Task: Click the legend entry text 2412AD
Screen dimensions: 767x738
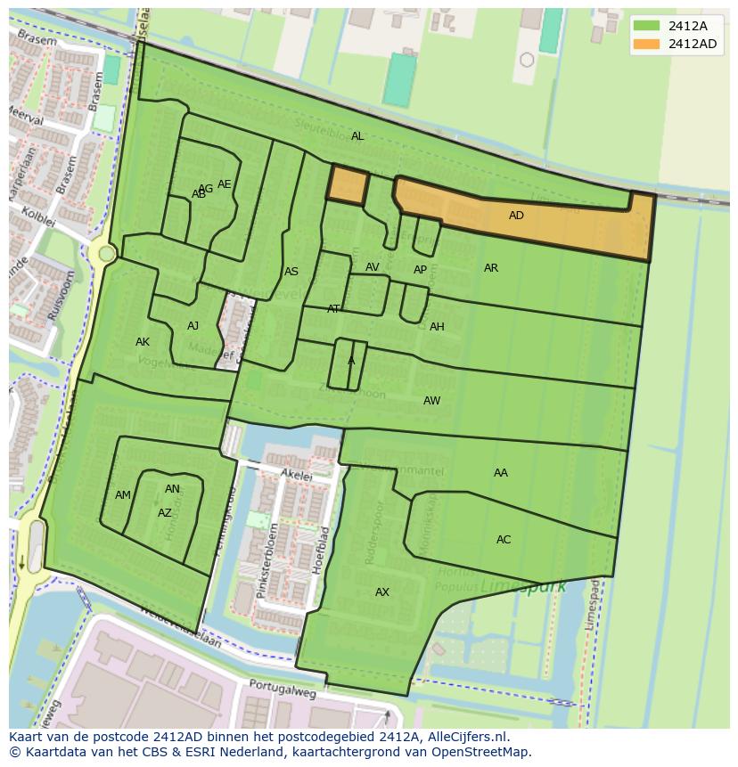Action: [692, 44]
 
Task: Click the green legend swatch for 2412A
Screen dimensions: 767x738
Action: [647, 26]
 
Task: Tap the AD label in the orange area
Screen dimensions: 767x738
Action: [516, 216]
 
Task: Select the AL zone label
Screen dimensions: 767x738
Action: [357, 136]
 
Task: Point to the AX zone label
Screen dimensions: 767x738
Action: [382, 592]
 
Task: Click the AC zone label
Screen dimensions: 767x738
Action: [504, 540]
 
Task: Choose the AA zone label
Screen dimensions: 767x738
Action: [501, 473]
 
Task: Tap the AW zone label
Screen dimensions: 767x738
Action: [431, 401]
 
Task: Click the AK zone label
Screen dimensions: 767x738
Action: [143, 342]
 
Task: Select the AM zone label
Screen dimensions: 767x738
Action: [123, 495]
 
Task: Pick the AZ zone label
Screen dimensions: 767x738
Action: [165, 513]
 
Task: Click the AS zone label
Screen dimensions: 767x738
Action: [291, 272]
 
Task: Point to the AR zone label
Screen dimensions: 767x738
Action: [491, 268]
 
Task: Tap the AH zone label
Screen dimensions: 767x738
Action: [437, 327]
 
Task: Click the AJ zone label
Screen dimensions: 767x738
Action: [193, 326]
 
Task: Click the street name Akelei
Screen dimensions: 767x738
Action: [297, 476]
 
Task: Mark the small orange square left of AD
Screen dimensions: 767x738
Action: [348, 184]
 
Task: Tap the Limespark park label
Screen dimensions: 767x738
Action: [511, 588]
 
